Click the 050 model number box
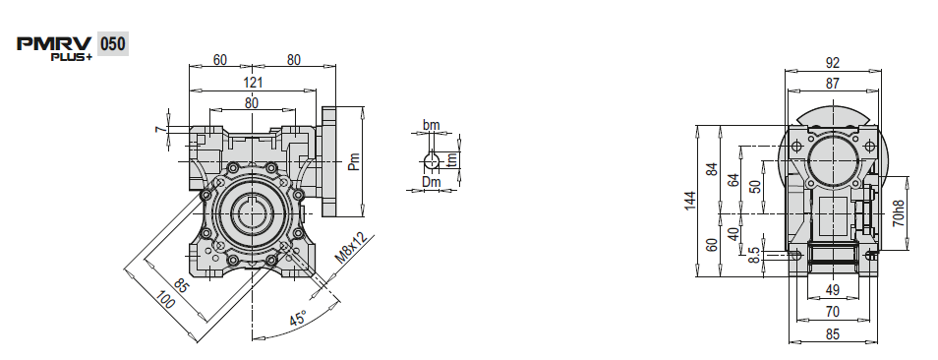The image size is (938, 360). click(x=112, y=43)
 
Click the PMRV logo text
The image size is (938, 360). click(x=54, y=44)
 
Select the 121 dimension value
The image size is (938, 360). click(x=253, y=83)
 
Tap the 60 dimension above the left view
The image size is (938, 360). click(x=220, y=60)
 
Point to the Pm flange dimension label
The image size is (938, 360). click(x=354, y=161)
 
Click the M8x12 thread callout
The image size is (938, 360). click(x=351, y=248)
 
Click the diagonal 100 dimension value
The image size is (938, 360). click(x=165, y=299)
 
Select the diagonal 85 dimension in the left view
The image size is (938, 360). click(x=181, y=284)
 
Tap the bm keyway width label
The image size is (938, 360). click(x=431, y=125)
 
